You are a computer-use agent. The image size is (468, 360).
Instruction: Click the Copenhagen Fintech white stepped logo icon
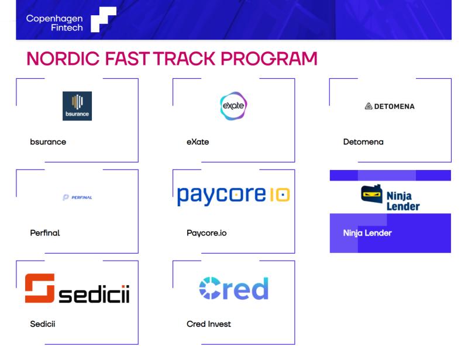104,19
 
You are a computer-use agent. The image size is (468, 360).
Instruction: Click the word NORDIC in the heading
63,58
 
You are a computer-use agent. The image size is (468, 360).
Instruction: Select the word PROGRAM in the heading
269,58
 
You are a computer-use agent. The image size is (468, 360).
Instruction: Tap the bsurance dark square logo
77,106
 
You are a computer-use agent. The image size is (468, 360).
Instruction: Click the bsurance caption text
48,142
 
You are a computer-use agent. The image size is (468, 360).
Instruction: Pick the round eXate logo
233,106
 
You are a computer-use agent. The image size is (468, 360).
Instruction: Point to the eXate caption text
198,142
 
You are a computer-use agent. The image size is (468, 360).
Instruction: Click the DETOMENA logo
390,106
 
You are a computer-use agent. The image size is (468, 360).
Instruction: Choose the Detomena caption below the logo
363,142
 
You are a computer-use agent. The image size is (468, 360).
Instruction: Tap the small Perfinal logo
77,198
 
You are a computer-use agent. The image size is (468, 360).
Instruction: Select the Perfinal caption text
45,233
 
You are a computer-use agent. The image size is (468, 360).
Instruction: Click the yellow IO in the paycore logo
280,195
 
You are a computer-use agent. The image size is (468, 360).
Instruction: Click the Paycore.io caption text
207,233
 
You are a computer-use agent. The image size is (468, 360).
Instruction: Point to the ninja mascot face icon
371,194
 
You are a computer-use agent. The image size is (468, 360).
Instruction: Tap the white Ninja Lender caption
367,233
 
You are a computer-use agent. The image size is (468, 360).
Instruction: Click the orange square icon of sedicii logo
40,288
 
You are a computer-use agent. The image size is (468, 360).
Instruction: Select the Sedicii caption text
43,324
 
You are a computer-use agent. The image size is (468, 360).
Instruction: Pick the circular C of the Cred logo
210,288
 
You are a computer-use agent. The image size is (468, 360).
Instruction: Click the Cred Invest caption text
209,324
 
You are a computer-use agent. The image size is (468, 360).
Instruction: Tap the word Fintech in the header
67,27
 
